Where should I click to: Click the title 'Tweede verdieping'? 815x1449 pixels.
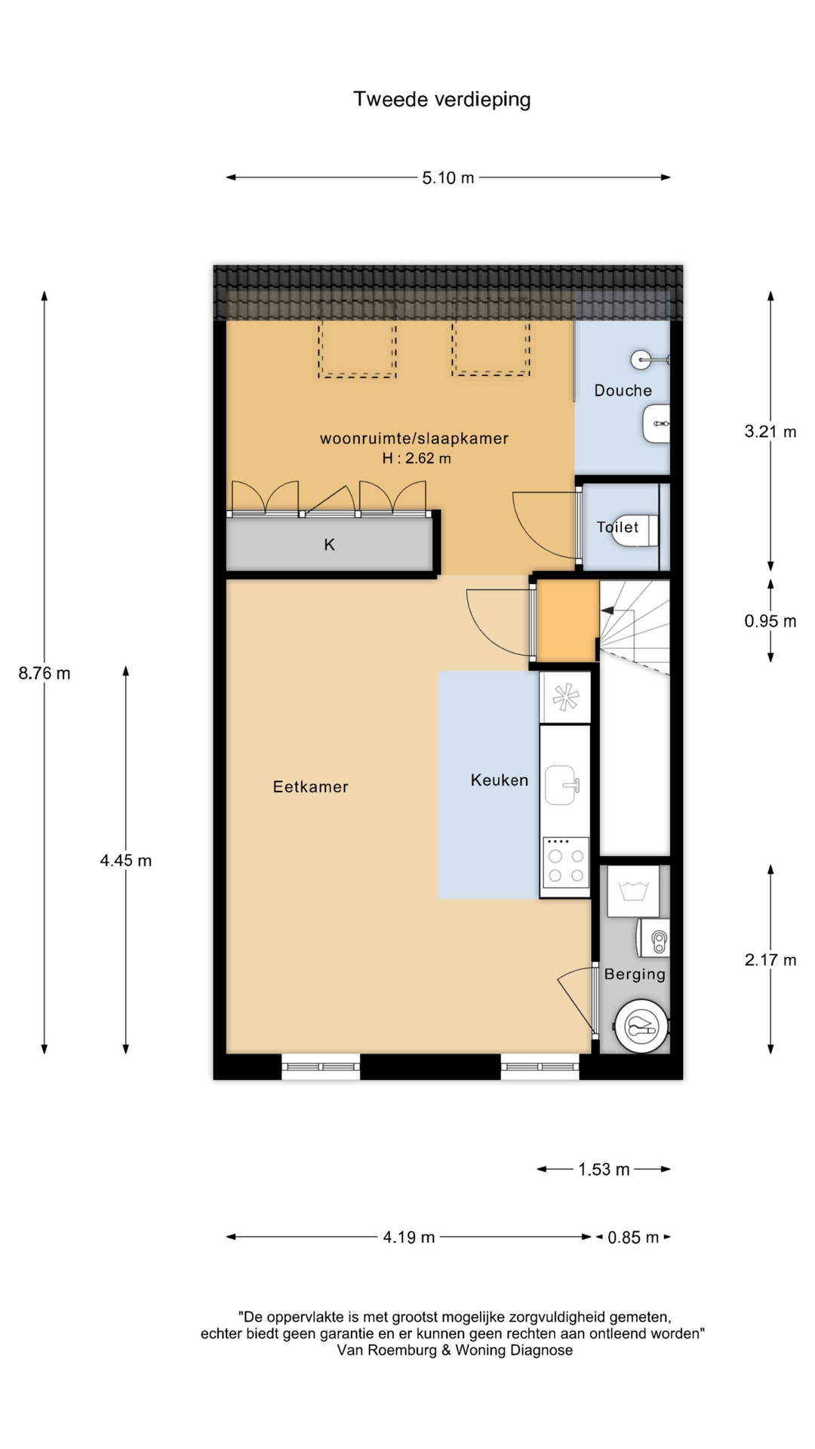pyautogui.click(x=442, y=100)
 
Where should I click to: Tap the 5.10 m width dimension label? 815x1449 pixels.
pyautogui.click(x=448, y=178)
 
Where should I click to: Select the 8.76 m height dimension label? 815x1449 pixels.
pyautogui.click(x=45, y=673)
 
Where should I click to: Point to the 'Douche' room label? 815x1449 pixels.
pyautogui.click(x=623, y=390)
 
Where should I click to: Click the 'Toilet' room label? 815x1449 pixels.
pyautogui.click(x=617, y=527)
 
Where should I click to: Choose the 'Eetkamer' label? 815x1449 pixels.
pyautogui.click(x=310, y=786)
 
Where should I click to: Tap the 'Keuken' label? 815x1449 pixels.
pyautogui.click(x=500, y=780)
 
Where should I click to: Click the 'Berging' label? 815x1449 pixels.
pyautogui.click(x=635, y=974)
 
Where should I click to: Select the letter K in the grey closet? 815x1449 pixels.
pyautogui.click(x=329, y=545)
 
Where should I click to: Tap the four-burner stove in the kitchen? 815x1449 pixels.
pyautogui.click(x=565, y=866)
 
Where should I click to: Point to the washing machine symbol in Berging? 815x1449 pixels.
pyautogui.click(x=633, y=891)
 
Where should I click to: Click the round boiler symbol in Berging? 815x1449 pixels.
pyautogui.click(x=641, y=1026)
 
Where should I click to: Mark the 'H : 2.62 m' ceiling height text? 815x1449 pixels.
pyautogui.click(x=417, y=458)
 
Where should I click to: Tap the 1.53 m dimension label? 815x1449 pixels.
pyautogui.click(x=604, y=1170)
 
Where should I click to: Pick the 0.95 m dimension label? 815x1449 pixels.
pyautogui.click(x=770, y=621)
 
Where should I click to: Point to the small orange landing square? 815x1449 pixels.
pyautogui.click(x=567, y=620)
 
